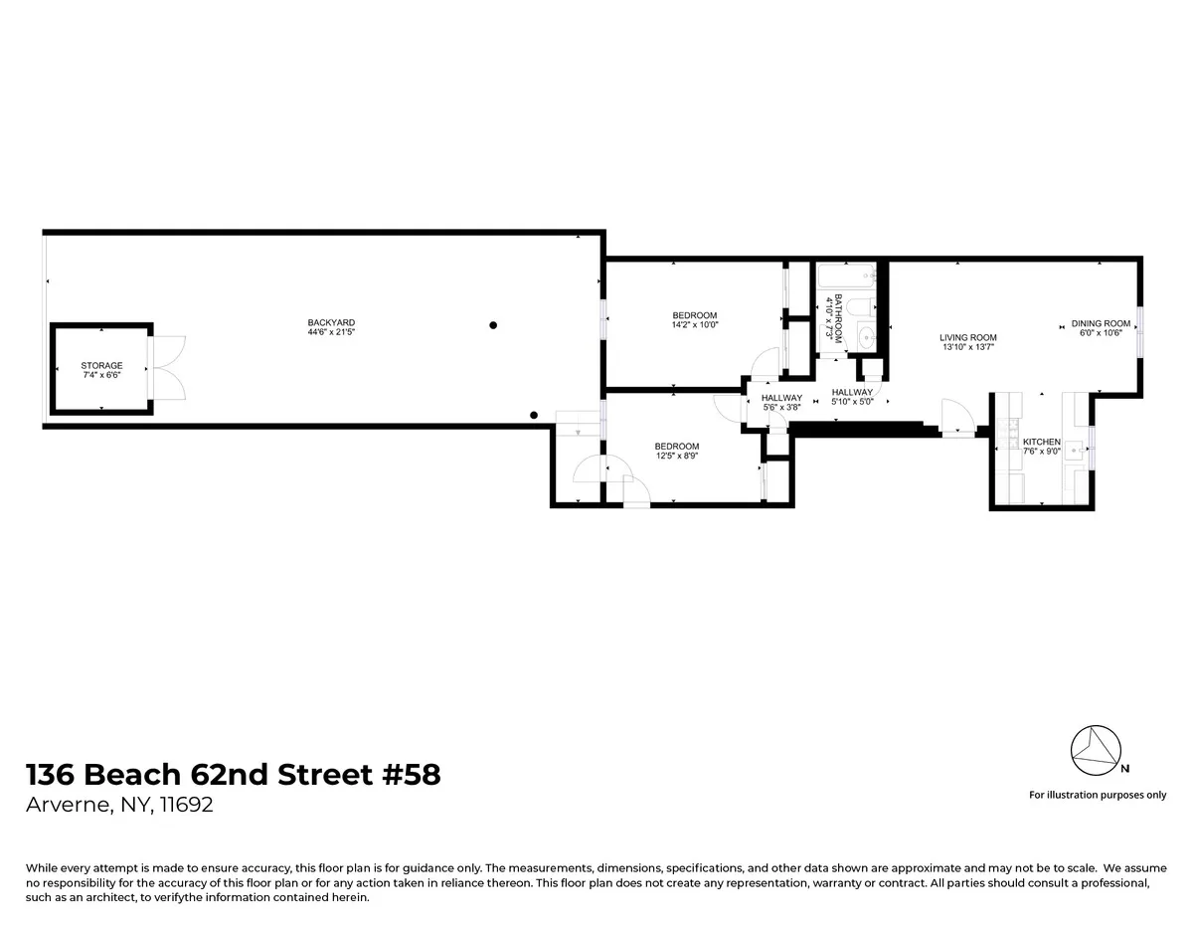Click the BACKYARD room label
pos(331,322)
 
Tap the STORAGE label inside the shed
pos(102,366)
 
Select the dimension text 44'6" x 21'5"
pos(331,332)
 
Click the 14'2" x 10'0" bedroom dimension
pos(695,324)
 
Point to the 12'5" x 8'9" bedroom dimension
pos(676,456)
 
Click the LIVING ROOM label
pos(968,338)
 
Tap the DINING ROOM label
pos(1101,323)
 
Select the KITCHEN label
pos(1042,442)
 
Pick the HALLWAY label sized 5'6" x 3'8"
pos(781,398)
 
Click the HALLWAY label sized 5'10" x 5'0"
pos(852,392)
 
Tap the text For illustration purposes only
pos(1098,795)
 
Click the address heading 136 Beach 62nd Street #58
pos(233,774)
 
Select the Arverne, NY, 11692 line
pos(118,805)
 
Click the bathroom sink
pos(865,335)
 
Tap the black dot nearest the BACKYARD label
pos(493,325)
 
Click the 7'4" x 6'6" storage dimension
pos(102,376)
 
